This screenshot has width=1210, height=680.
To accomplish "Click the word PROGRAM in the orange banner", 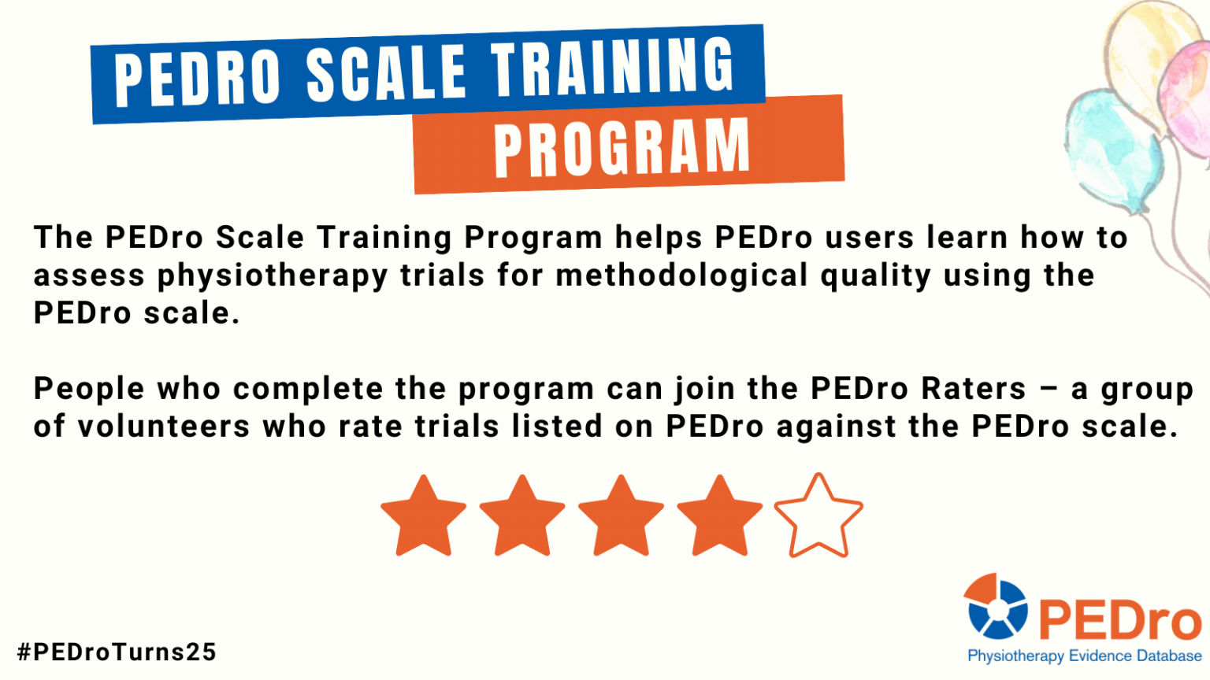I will (x=622, y=148).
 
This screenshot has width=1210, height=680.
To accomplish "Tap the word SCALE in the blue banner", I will (x=385, y=73).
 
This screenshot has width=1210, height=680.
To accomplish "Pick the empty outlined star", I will (x=818, y=517).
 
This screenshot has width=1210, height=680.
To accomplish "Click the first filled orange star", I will (x=424, y=517).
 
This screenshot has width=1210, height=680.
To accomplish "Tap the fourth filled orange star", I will (x=720, y=517).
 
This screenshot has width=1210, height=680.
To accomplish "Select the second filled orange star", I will (x=522, y=517).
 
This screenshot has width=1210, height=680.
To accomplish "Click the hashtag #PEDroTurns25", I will (x=117, y=652).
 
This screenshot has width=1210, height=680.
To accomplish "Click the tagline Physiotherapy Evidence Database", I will (x=1084, y=656).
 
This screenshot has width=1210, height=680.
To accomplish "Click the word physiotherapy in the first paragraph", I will (x=272, y=275).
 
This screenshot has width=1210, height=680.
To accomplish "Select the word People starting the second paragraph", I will (x=88, y=389).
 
